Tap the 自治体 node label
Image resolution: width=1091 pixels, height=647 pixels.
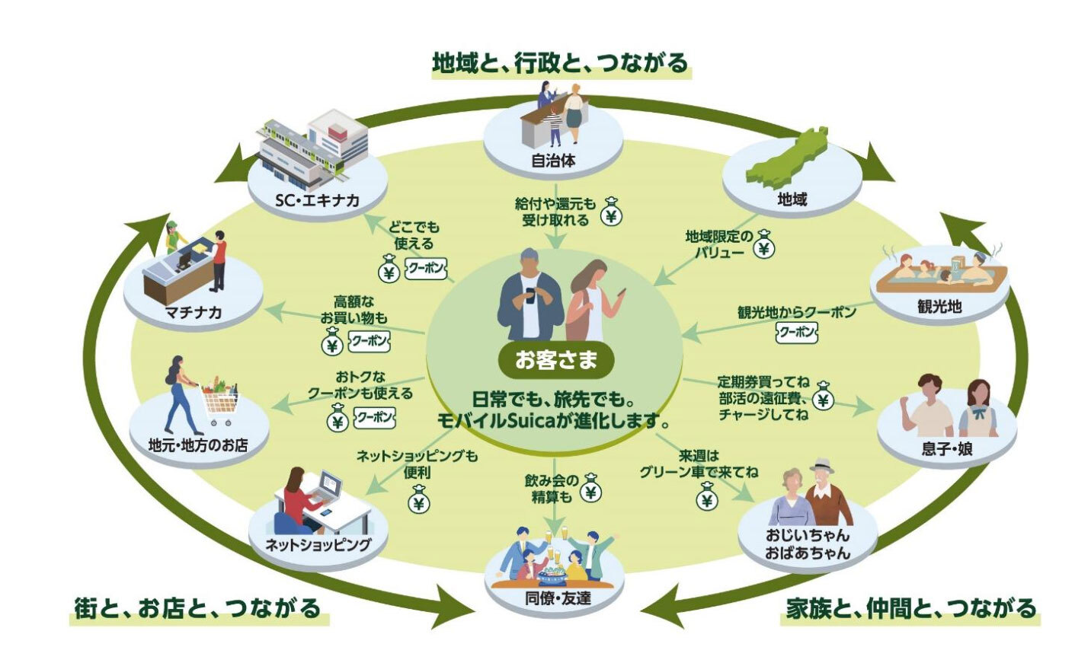[x=553, y=161]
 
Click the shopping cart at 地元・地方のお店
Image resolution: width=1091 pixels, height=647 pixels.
[x=219, y=403]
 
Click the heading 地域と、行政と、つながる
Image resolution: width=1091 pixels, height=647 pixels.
[x=560, y=62]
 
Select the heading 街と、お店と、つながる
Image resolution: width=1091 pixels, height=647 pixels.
[x=197, y=608]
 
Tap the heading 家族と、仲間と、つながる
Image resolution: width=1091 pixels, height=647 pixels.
[x=911, y=608]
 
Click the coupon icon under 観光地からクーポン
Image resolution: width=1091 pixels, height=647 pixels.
[x=796, y=333]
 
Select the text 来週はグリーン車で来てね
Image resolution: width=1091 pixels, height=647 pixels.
[x=698, y=464]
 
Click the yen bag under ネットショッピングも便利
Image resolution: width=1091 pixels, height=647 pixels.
[x=418, y=502]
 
